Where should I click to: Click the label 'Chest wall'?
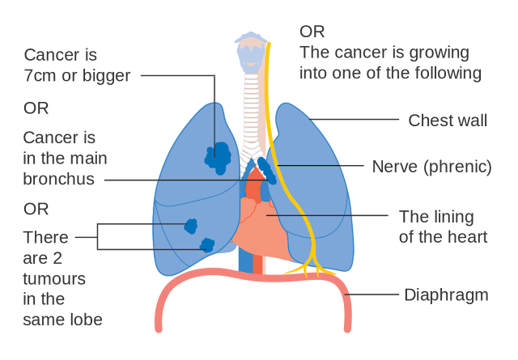tap(448, 121)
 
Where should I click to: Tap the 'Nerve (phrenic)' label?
tap(431, 167)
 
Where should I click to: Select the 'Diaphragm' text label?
tap(446, 295)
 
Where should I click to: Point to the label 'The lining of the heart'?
tap(443, 227)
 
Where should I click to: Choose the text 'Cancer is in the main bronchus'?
tap(65, 158)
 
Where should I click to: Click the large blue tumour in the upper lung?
tap(218, 157)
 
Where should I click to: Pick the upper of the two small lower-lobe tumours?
tap(191, 226)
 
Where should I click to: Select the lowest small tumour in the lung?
tap(207, 244)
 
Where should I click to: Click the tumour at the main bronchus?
tap(265, 172)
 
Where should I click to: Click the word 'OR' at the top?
tap(312, 32)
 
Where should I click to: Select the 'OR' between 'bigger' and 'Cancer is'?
tap(36, 108)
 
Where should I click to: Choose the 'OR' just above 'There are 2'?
tap(36, 209)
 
